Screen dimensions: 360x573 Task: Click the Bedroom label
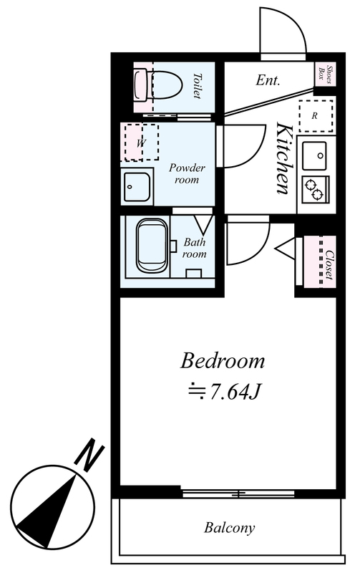pos(223,361)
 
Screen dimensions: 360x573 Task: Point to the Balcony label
pos(229,528)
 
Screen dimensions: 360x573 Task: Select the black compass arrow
pos(47,511)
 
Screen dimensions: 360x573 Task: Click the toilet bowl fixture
pos(159,86)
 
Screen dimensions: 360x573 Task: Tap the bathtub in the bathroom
pos(152,245)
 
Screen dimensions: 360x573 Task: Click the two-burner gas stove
pos(316,189)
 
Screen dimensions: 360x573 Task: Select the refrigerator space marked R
pos(316,116)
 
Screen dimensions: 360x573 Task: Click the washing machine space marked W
pos(141,142)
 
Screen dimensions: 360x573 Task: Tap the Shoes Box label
pos(326,74)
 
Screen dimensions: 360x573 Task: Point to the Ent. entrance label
pos(268,80)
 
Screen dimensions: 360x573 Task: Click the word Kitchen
pos(284,158)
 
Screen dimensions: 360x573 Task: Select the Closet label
pos(329,265)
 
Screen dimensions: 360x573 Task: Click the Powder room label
pos(187,173)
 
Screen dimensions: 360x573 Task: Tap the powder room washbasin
pos(137,186)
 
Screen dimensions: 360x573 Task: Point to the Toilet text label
pos(197,86)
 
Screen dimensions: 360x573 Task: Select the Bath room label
pos(194,248)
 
